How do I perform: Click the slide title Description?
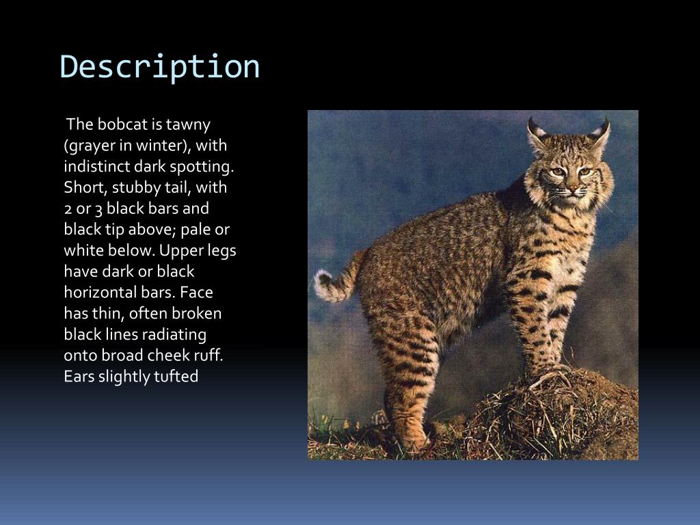tap(160, 67)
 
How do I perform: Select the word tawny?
tap(188, 124)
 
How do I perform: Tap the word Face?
tap(198, 293)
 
